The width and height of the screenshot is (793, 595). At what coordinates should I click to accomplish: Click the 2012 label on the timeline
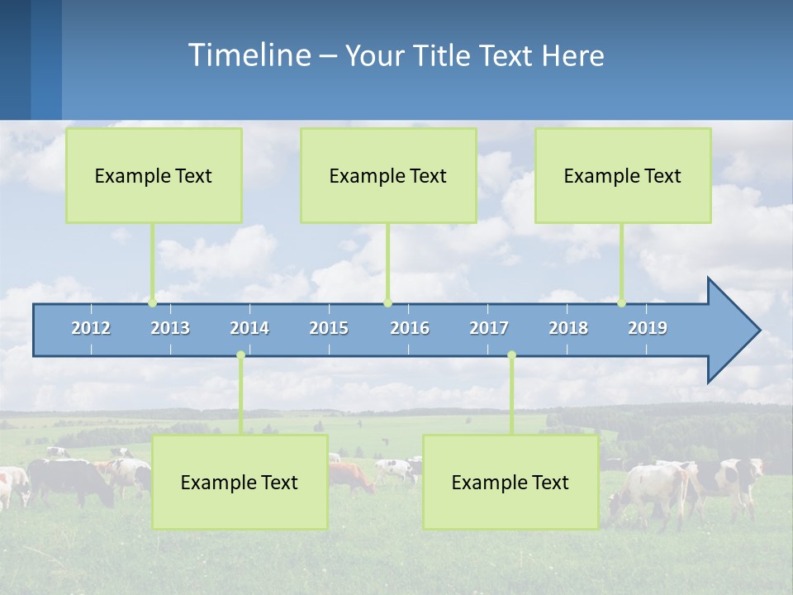[91, 328]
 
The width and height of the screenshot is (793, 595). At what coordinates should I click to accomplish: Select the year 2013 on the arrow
[170, 328]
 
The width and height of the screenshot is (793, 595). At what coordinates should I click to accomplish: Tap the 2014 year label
[249, 328]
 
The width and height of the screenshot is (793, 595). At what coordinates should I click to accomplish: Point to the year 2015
[329, 328]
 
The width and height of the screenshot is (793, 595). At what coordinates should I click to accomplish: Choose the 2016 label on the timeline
[410, 328]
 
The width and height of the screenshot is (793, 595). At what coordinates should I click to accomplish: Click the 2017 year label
[489, 328]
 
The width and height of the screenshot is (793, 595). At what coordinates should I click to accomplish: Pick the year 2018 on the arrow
[568, 328]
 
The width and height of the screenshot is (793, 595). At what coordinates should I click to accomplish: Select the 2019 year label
[648, 328]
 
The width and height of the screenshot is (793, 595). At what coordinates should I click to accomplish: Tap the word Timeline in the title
[248, 55]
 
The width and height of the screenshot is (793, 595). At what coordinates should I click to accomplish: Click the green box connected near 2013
[154, 175]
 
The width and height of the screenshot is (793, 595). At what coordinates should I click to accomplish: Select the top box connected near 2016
[388, 175]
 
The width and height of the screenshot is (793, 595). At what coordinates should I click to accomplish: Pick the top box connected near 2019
[623, 175]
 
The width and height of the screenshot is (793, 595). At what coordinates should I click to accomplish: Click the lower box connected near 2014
[240, 483]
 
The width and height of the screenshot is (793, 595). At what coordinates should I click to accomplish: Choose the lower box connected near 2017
[510, 483]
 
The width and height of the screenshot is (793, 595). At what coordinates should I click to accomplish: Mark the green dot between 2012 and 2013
[153, 302]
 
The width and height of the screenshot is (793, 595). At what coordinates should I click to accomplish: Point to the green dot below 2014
[240, 355]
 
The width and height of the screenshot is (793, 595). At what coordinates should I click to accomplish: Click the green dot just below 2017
[511, 355]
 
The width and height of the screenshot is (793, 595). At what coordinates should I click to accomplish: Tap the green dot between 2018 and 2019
[621, 302]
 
